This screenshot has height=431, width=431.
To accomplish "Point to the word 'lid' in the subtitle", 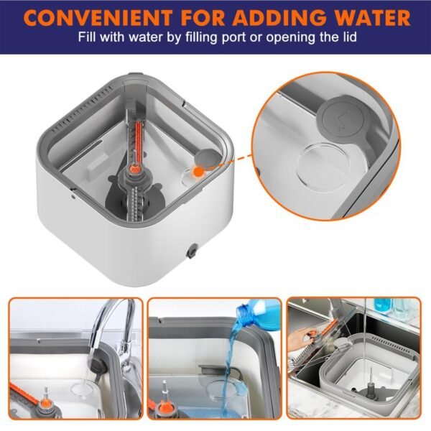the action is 349,37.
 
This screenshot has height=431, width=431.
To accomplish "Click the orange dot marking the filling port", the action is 198,172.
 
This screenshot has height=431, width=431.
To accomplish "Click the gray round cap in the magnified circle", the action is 343,119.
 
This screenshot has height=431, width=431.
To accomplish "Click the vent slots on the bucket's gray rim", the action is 83,109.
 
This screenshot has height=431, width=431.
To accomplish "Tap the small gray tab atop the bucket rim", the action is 136,74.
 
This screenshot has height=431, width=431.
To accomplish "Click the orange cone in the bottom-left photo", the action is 45,403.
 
